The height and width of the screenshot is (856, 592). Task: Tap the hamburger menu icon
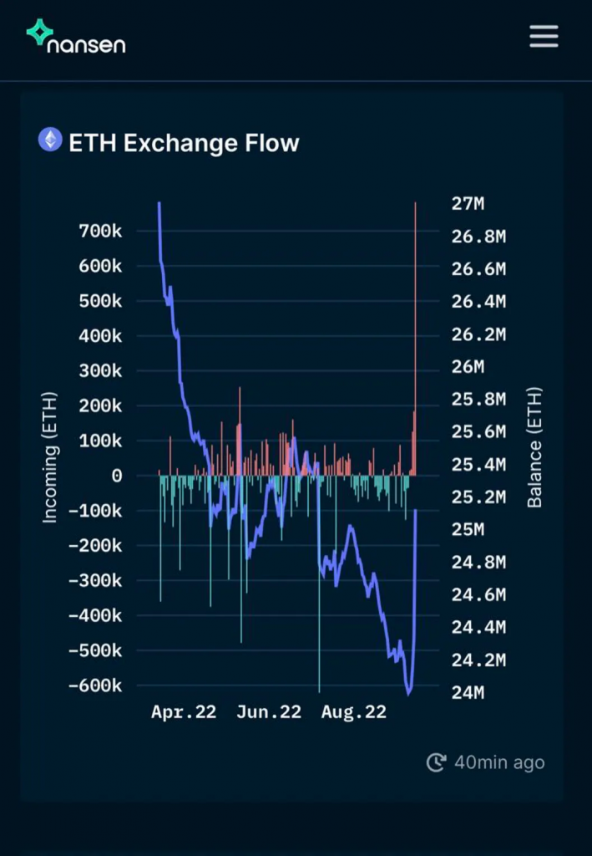pyautogui.click(x=544, y=36)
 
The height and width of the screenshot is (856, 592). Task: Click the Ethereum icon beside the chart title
pyautogui.click(x=50, y=140)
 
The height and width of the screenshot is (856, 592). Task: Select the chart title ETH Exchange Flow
pyautogui.click(x=183, y=143)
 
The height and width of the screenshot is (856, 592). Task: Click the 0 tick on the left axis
pyautogui.click(x=116, y=476)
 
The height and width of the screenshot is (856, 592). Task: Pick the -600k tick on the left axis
pyautogui.click(x=95, y=685)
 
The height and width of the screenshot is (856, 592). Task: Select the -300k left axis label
pyautogui.click(x=95, y=580)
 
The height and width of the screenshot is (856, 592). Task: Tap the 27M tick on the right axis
pyautogui.click(x=468, y=204)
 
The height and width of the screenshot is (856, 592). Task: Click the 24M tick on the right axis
pyautogui.click(x=468, y=693)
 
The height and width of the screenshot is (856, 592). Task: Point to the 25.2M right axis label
pyautogui.click(x=478, y=497)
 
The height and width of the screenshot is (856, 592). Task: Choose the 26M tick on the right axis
pyautogui.click(x=468, y=367)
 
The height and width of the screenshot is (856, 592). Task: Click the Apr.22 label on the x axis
pyautogui.click(x=184, y=712)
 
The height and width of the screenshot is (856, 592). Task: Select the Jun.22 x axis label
pyautogui.click(x=268, y=712)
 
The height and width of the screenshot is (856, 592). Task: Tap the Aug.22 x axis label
pyautogui.click(x=353, y=712)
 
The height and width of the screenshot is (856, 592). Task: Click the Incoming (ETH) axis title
pyautogui.click(x=50, y=457)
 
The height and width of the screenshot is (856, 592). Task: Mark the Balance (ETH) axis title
pyautogui.click(x=534, y=447)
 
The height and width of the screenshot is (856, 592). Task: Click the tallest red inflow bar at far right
pyautogui.click(x=415, y=334)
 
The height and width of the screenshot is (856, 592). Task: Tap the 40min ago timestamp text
pyautogui.click(x=499, y=762)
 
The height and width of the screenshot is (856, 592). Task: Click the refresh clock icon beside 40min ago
pyautogui.click(x=436, y=762)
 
